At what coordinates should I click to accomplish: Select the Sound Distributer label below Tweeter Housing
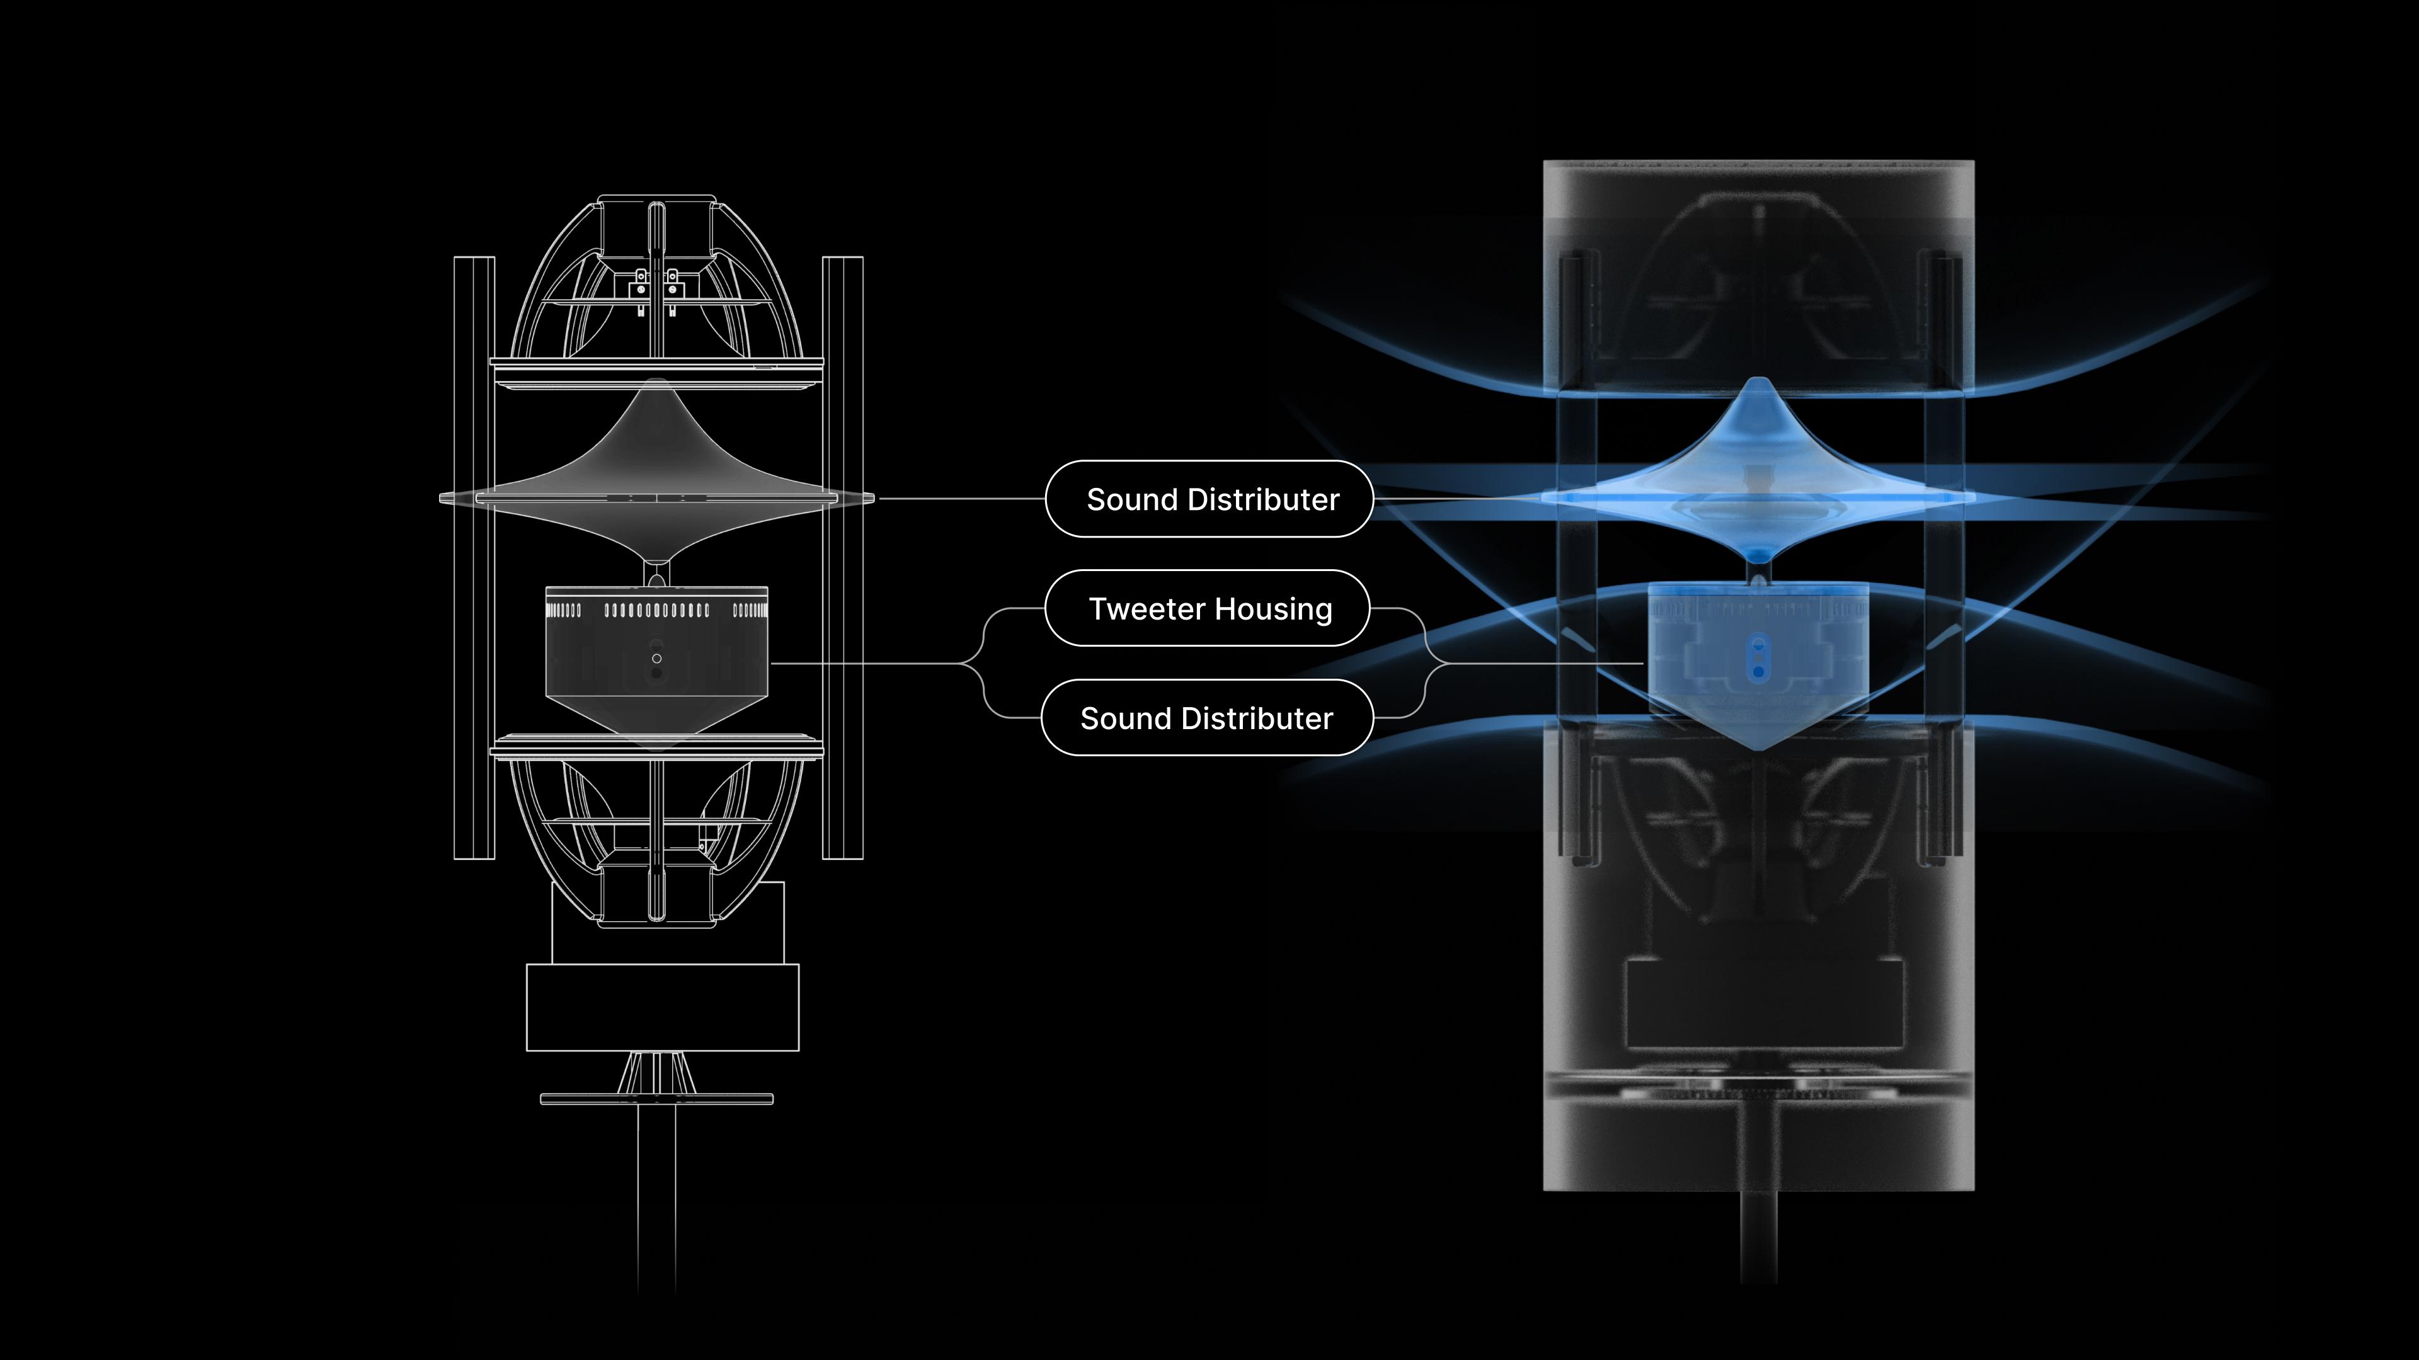(x=1207, y=718)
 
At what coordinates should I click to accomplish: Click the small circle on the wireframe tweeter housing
(x=656, y=659)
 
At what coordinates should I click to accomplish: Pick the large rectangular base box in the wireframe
(x=662, y=1007)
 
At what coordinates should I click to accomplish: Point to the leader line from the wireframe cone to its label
(x=958, y=499)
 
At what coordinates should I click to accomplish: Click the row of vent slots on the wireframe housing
(x=656, y=611)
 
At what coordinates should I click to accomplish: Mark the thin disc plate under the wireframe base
(x=656, y=1098)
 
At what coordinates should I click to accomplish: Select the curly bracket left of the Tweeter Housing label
(x=982, y=662)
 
